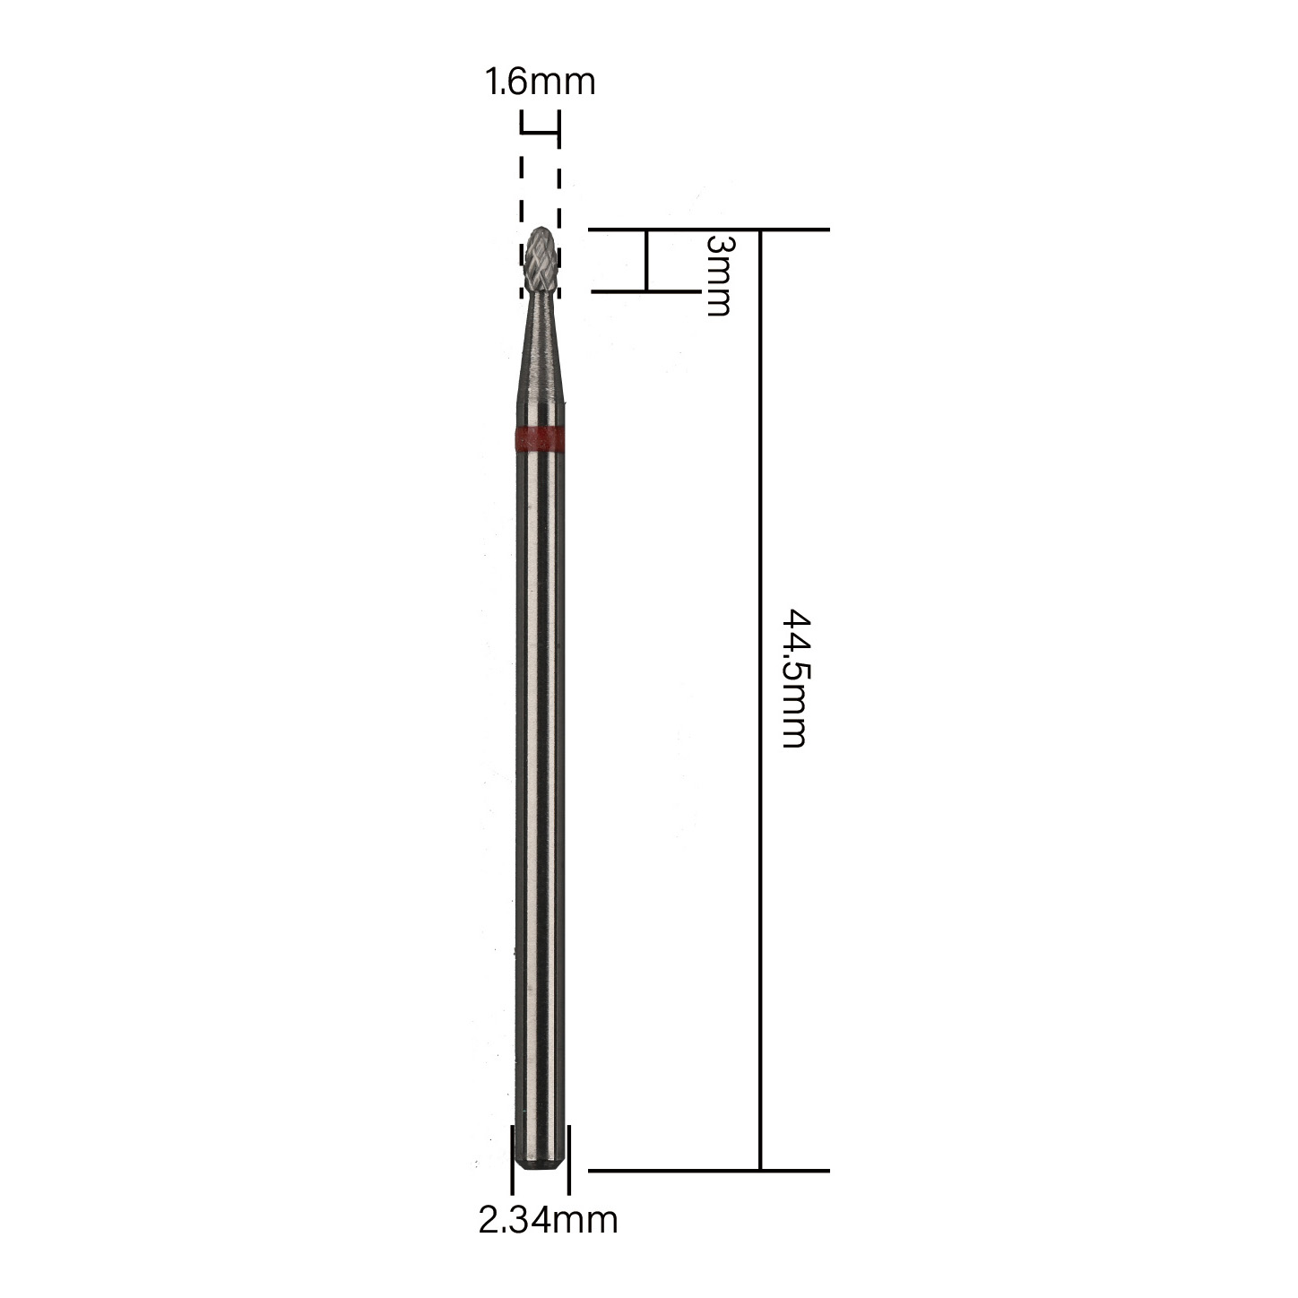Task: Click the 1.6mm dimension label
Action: point(541,82)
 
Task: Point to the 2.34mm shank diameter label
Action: point(548,1239)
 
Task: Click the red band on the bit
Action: point(540,437)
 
